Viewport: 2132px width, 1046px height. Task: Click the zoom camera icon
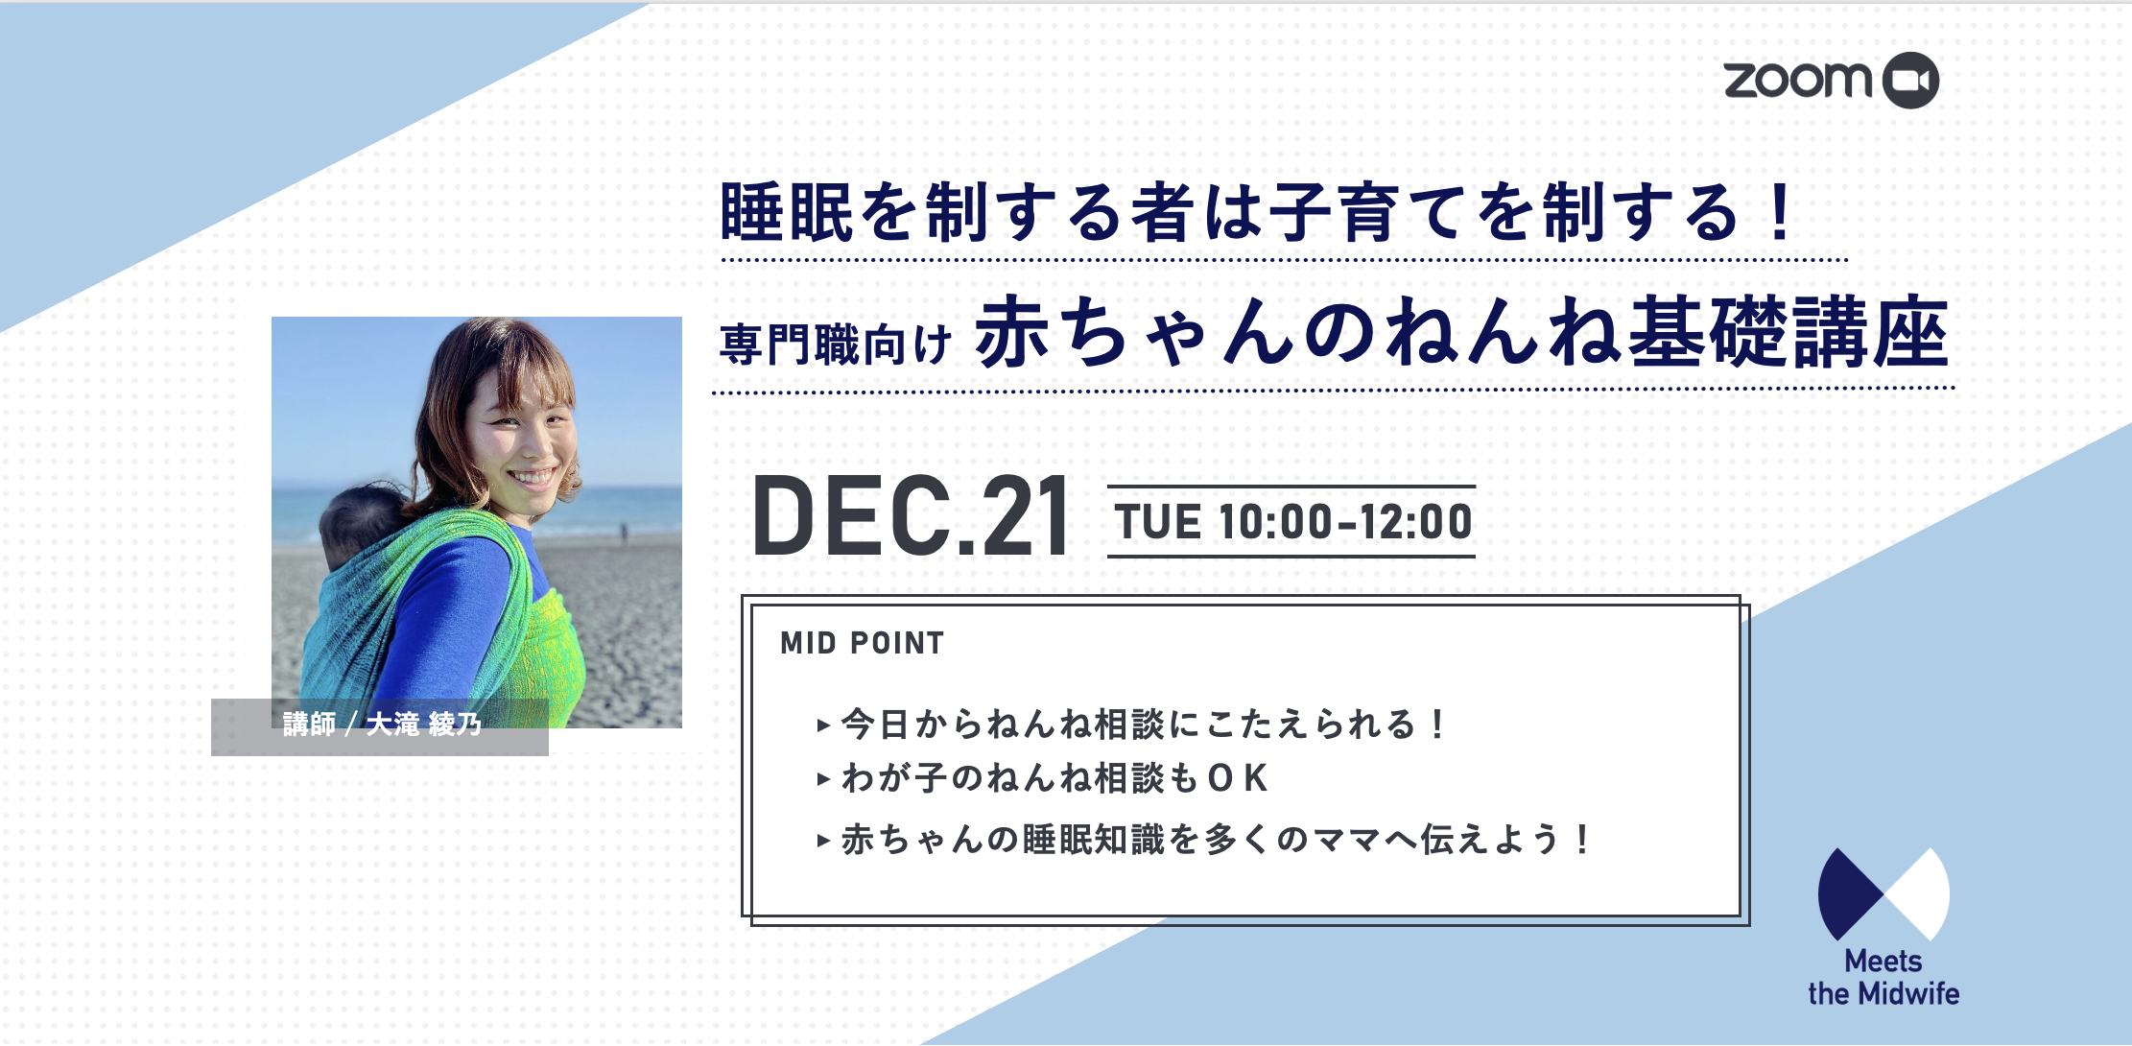tap(1909, 80)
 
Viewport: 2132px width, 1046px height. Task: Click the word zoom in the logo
tap(1797, 80)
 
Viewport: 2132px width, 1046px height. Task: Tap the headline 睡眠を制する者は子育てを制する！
tap(1258, 212)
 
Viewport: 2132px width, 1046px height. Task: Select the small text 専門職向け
tap(835, 344)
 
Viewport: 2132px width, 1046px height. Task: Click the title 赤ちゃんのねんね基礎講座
tap(1461, 332)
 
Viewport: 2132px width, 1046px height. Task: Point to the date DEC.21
tap(911, 517)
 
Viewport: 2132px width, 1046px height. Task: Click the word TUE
tap(1157, 522)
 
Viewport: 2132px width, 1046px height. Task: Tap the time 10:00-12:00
tap(1345, 522)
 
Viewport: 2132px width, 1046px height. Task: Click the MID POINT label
tap(863, 643)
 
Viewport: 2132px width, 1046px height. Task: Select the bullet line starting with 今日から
tap(1132, 724)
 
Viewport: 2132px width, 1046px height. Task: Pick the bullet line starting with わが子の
tap(1043, 777)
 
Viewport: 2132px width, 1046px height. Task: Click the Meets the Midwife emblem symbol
tap(1883, 894)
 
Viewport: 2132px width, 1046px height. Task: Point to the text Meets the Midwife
tap(1883, 977)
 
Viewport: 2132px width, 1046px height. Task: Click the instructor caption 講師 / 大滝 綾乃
tap(382, 724)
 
